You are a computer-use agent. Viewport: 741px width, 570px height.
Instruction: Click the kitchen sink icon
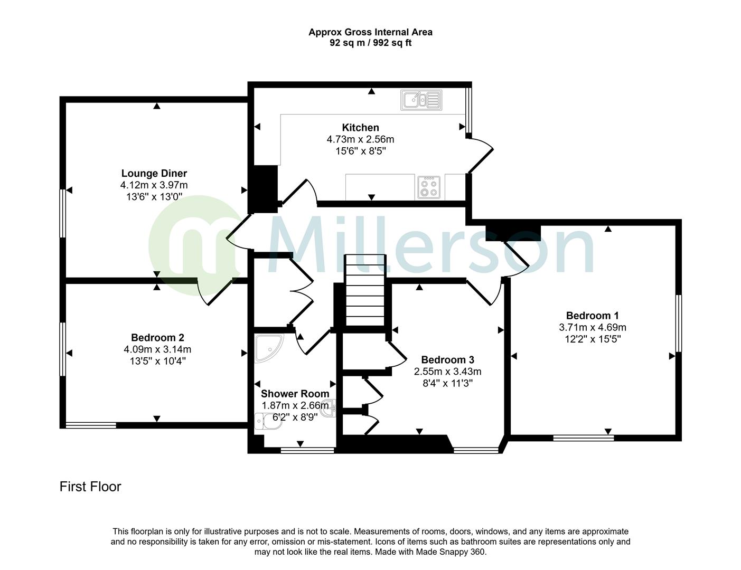(x=421, y=100)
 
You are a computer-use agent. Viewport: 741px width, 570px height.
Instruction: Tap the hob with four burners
(x=428, y=186)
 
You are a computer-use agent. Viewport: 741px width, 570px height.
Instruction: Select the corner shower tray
(x=268, y=347)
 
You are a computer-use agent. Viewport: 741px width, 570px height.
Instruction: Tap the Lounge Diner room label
(x=154, y=173)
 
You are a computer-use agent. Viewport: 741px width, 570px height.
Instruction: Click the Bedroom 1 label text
(x=592, y=316)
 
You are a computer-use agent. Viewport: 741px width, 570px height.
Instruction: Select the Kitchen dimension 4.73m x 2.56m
(x=360, y=139)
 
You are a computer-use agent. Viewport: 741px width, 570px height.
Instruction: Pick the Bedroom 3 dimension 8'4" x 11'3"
(x=447, y=383)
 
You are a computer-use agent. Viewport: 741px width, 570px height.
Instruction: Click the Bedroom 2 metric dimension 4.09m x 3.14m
(x=157, y=349)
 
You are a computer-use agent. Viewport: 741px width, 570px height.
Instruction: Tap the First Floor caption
(x=90, y=487)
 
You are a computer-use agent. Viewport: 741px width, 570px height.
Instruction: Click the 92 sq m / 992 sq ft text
(x=370, y=43)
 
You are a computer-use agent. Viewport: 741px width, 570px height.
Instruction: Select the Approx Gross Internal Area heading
(x=370, y=32)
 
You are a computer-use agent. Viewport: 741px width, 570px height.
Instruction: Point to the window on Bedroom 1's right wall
(x=679, y=323)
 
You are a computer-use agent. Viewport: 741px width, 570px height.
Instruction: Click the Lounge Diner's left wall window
(x=62, y=213)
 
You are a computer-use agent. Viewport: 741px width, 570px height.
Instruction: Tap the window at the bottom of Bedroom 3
(x=476, y=450)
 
